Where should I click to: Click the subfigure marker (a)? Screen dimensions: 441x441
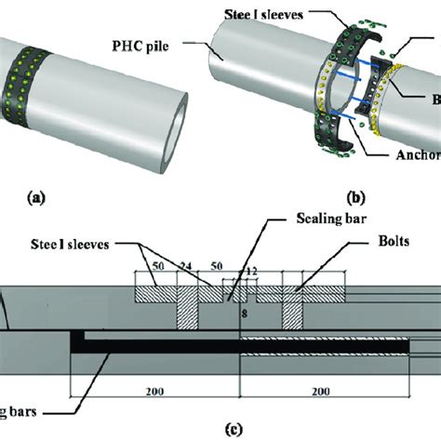pos(36,197)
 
